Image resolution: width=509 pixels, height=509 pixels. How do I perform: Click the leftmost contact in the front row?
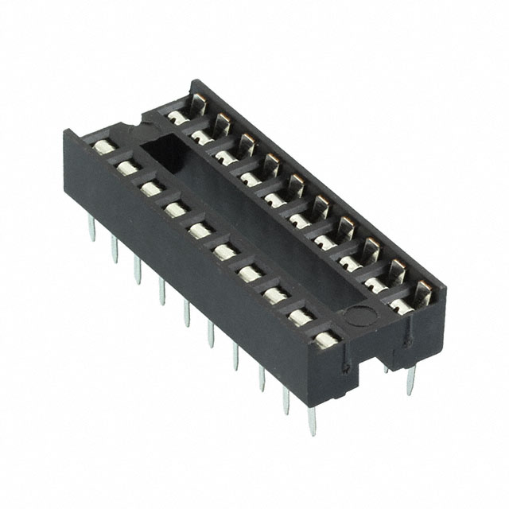103,148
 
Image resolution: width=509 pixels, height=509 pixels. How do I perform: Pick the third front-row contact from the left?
150,188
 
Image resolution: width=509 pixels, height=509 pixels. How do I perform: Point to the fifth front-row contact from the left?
198,230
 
